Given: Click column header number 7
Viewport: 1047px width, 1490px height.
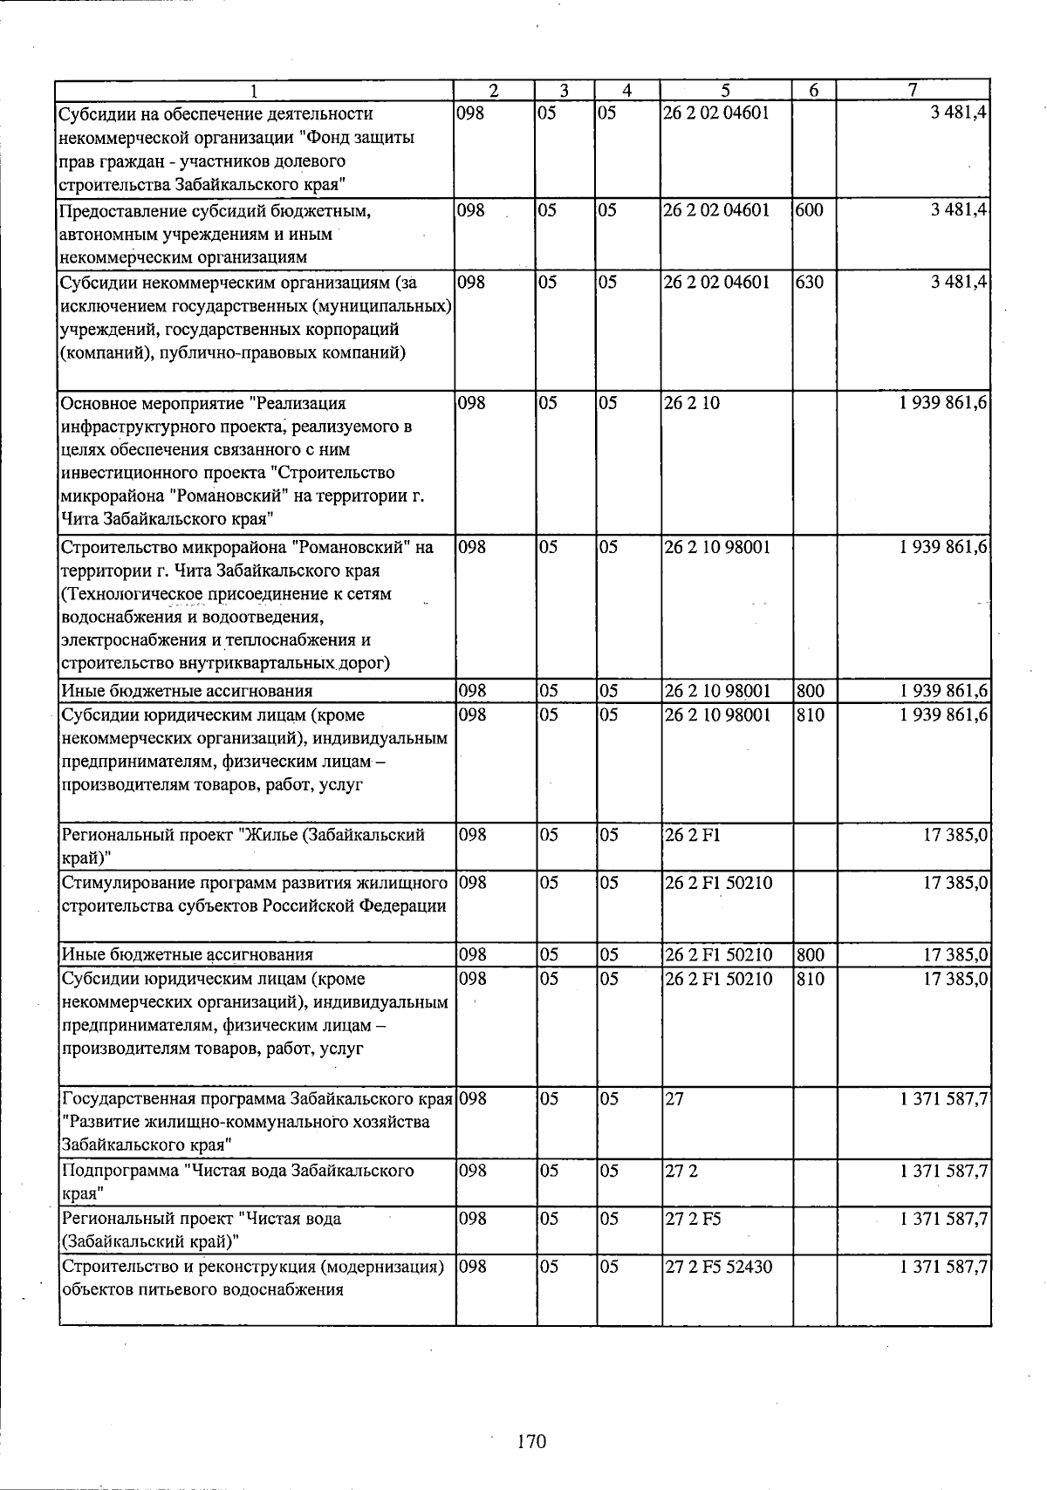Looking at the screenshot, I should click(913, 90).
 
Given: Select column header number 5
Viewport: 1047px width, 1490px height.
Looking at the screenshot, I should click(726, 90).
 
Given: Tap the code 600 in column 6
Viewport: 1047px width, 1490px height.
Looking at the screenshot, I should click(810, 210).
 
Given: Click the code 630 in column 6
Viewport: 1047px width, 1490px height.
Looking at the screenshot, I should click(810, 282).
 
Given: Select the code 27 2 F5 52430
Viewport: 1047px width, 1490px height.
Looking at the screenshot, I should click(718, 1266).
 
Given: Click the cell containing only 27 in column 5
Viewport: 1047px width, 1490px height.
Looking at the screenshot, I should click(674, 1098).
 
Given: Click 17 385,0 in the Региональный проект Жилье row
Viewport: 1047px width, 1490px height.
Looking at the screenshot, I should click(955, 834).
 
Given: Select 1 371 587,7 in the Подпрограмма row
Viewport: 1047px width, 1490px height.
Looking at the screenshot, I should click(944, 1170).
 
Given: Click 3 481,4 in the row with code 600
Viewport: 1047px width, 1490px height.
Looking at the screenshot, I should click(959, 210).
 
